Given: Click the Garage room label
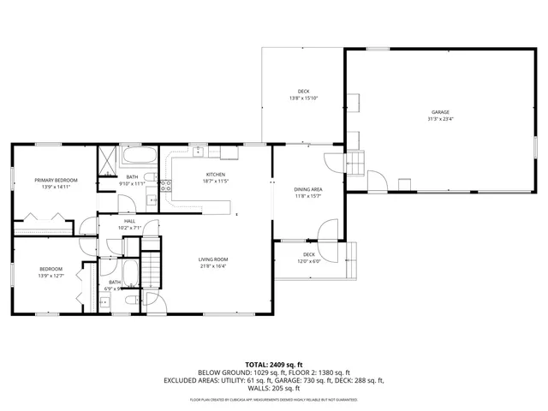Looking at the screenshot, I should coord(440,112).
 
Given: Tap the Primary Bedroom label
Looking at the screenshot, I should coord(57,181).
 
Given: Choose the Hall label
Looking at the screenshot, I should coord(129,221).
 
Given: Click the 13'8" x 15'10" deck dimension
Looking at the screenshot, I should coord(303,98).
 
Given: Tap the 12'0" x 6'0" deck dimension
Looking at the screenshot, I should coord(308,261).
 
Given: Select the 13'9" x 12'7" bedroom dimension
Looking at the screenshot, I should coord(51,276).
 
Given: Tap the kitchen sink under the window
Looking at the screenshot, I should coord(197,152).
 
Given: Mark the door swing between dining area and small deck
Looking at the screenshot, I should coord(323,229).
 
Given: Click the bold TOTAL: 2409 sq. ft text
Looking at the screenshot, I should coord(274,363).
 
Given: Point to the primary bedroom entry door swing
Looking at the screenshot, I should coord(88,226).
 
